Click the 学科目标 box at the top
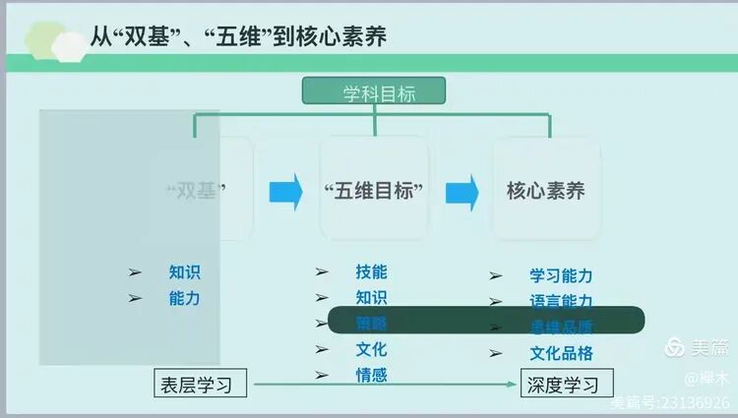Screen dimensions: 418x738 click(x=373, y=93)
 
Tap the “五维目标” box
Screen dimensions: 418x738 click(x=374, y=190)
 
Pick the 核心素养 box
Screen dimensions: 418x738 click(x=546, y=190)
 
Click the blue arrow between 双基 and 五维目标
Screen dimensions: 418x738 click(x=286, y=191)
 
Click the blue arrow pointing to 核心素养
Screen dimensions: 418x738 click(x=461, y=191)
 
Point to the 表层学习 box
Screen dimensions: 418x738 click(x=197, y=384)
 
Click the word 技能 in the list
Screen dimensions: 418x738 click(x=371, y=271)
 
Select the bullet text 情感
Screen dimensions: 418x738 click(x=371, y=375)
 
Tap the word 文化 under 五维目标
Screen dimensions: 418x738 click(x=371, y=349)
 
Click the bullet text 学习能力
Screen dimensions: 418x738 click(x=561, y=276)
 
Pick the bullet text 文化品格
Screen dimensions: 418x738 click(x=561, y=353)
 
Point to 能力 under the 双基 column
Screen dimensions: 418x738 click(x=184, y=298)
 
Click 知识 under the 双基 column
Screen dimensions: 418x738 click(x=184, y=272)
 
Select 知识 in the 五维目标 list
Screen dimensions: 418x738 click(x=371, y=297)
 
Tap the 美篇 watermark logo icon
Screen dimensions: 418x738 click(x=675, y=347)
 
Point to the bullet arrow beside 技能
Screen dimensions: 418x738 click(x=322, y=272)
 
